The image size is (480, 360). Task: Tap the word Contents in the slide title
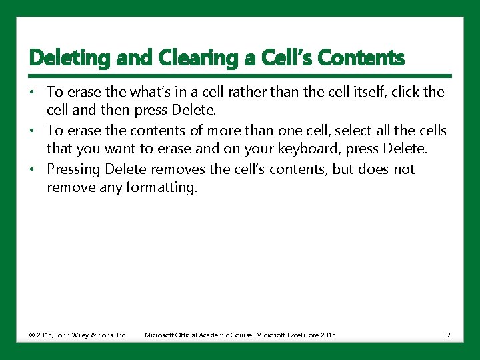pos(361,59)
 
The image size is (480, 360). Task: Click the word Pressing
pos(73,169)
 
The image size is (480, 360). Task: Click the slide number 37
pos(447,335)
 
